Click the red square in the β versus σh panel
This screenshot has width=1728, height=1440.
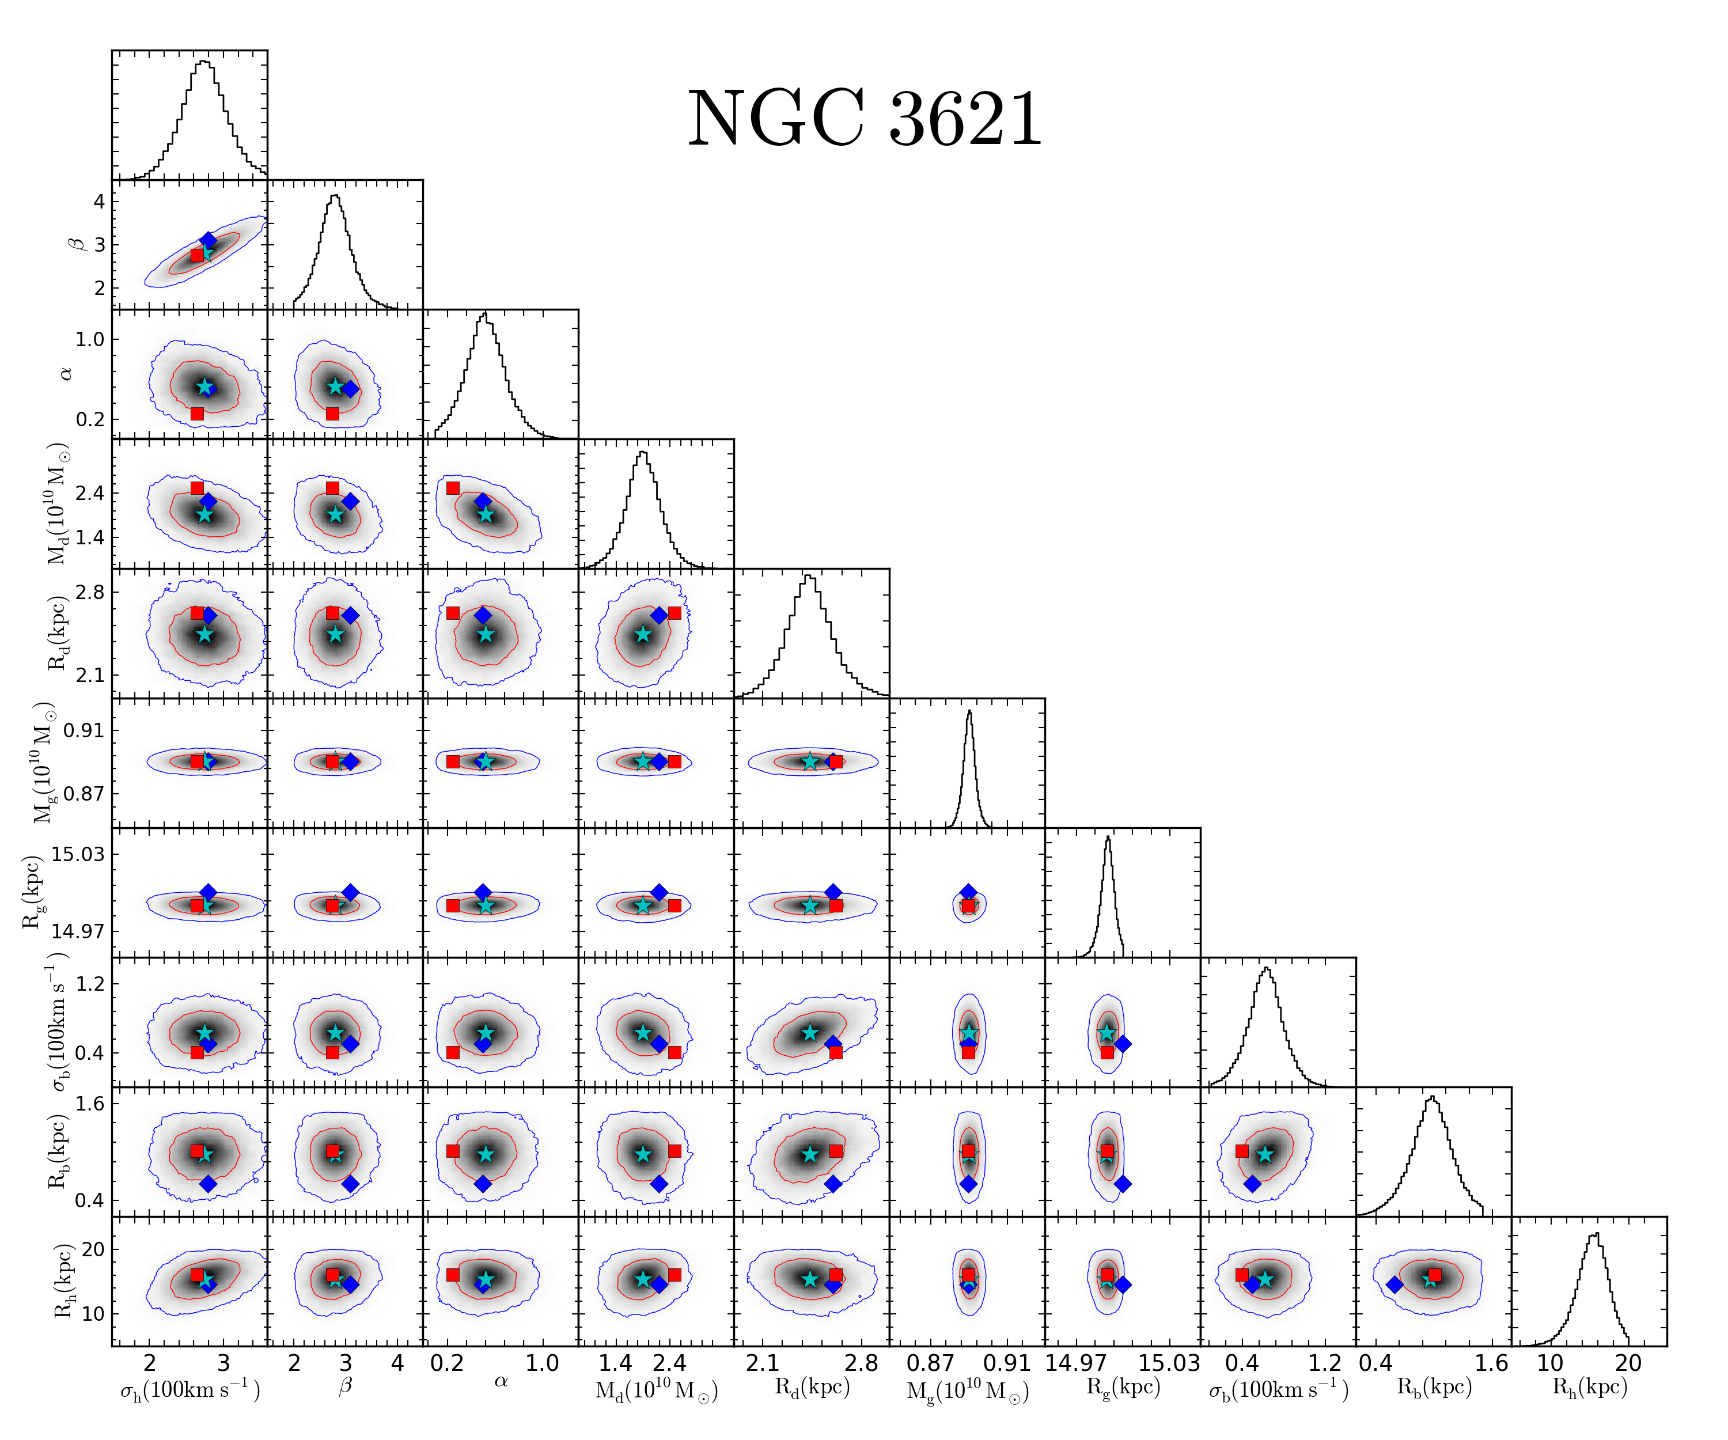coord(196,255)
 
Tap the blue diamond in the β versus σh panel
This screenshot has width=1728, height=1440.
coord(208,240)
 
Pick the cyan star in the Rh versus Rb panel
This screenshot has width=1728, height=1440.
coord(1430,1279)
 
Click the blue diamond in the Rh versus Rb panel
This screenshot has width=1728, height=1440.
coord(1394,1284)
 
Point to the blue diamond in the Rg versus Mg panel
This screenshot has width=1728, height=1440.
coord(968,892)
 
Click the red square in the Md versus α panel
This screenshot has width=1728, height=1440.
coord(453,488)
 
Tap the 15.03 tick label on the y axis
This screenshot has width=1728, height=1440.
coord(78,854)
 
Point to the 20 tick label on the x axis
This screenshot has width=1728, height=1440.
coord(1628,1363)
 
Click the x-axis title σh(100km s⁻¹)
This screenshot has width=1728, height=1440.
coord(190,1390)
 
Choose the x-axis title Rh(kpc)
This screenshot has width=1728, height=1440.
coord(1590,1388)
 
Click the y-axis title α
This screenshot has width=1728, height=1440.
coord(66,374)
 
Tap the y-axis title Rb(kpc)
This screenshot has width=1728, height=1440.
coord(58,1151)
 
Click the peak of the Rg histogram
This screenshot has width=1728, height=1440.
coord(1108,838)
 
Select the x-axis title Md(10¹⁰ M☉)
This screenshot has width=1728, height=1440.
coord(657,1390)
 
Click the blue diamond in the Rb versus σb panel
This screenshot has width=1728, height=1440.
coord(1252,1184)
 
